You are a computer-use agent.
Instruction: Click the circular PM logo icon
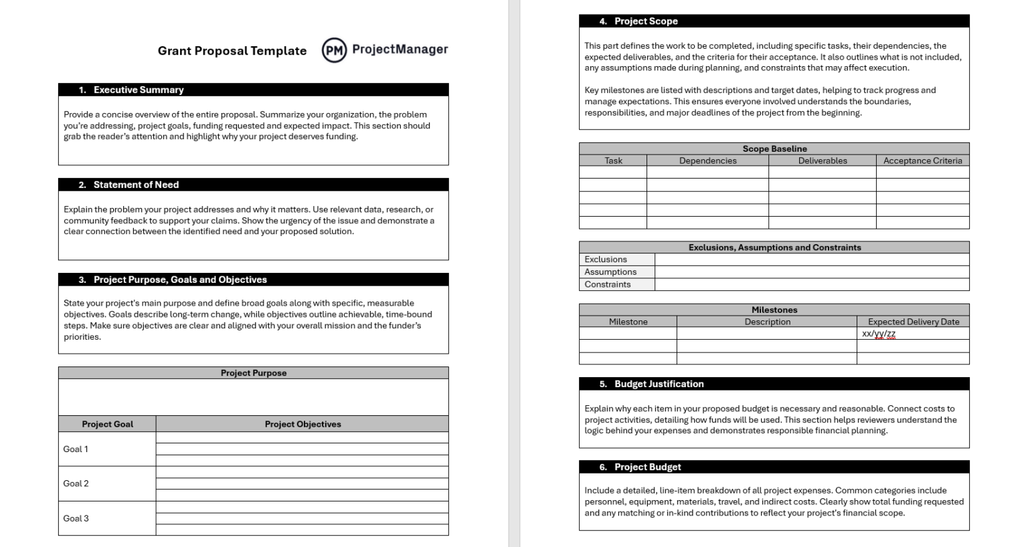[334, 50]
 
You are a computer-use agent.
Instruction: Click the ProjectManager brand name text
[400, 49]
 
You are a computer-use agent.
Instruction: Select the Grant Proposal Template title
[232, 51]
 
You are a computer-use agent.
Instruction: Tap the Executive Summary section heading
[138, 90]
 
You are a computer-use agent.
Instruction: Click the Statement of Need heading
[136, 185]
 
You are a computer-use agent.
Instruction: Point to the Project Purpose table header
[253, 373]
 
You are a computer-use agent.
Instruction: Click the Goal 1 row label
[76, 449]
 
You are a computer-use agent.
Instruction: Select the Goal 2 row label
[76, 483]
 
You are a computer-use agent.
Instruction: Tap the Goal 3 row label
[76, 518]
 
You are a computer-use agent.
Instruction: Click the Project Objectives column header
[303, 424]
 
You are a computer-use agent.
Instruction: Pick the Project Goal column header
[107, 424]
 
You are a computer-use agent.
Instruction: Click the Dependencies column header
[707, 160]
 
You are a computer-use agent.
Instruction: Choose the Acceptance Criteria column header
[922, 160]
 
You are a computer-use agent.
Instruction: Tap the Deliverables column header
[822, 160]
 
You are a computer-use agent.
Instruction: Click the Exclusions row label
[606, 259]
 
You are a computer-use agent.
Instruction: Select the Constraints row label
[607, 284]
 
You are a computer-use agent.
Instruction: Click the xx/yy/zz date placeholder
[878, 334]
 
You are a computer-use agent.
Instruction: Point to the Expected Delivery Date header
[913, 322]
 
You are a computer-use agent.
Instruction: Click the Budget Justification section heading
[659, 384]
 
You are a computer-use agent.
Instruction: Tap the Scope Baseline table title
[774, 148]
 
